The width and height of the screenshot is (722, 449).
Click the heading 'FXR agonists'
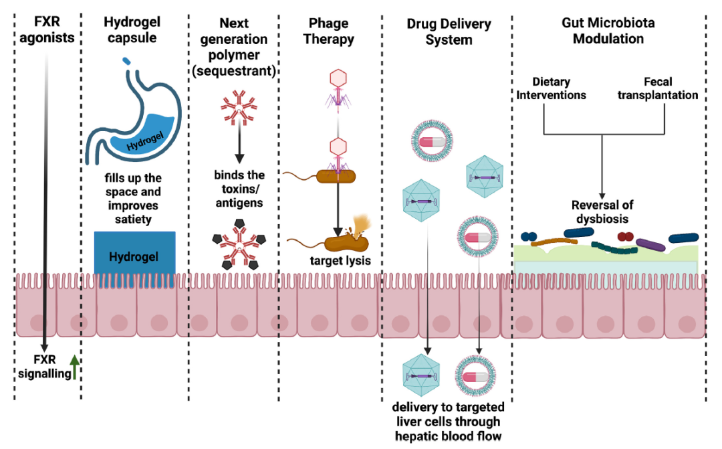coord(46,29)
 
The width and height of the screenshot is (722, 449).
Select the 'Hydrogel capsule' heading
coord(132,29)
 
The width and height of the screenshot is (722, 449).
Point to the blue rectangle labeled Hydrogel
coord(134,257)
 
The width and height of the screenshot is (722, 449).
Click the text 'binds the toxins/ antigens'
coord(239,188)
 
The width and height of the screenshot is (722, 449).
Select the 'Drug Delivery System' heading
coord(449,31)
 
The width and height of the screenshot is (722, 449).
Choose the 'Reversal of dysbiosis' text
coord(602,211)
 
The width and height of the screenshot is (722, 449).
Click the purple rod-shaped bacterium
coord(650,244)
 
